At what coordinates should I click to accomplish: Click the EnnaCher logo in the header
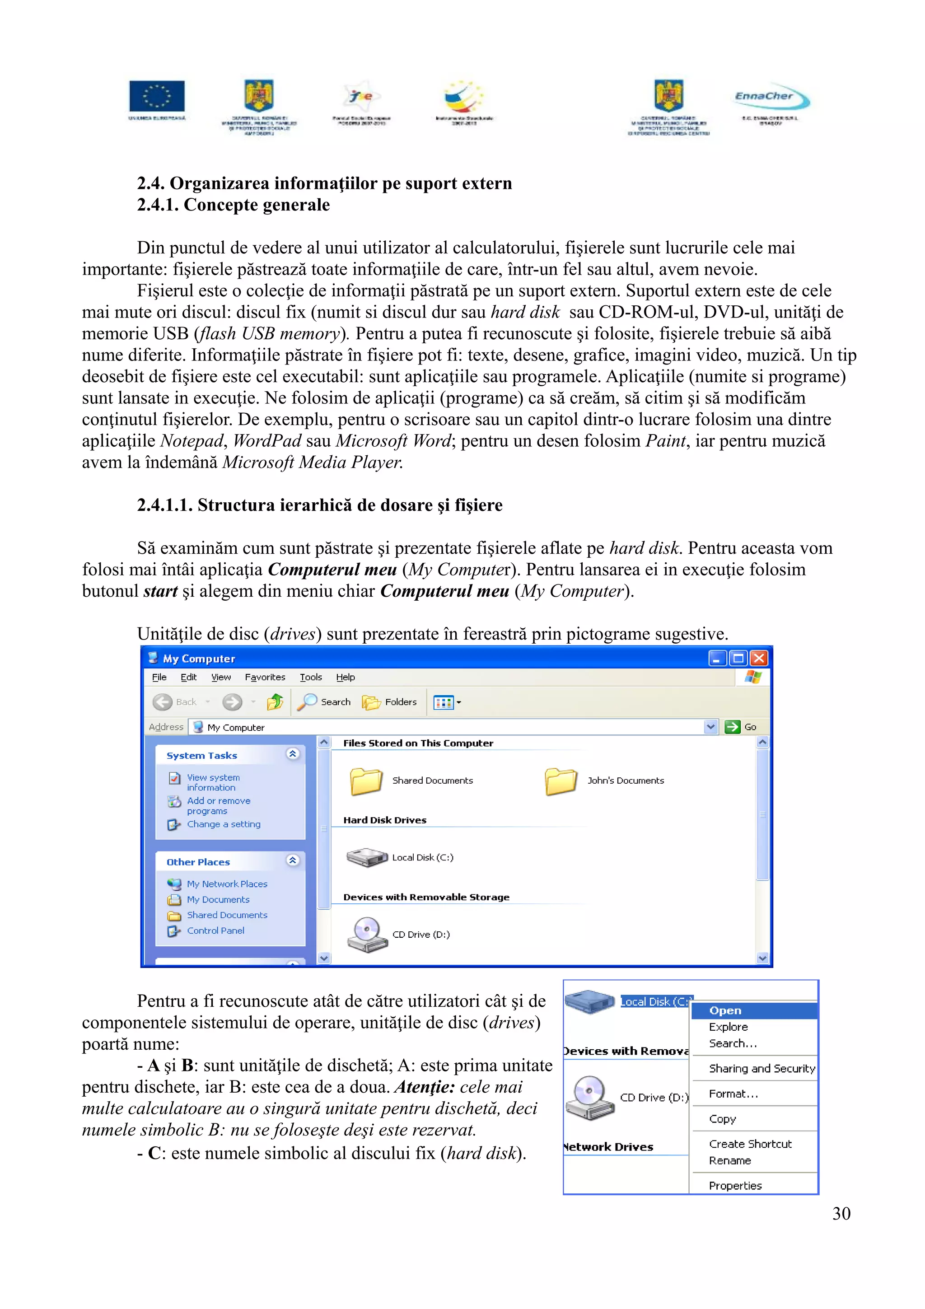pos(771,98)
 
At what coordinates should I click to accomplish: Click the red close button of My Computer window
pos(759,659)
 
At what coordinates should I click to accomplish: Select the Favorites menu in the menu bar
pos(265,677)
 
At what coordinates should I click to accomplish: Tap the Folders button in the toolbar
pos(390,702)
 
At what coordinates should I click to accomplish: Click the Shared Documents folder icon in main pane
pos(365,781)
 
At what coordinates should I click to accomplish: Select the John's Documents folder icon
pos(561,781)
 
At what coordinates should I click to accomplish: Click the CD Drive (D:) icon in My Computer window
pos(366,934)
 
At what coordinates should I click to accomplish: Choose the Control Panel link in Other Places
pos(215,930)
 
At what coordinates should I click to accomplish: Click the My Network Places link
pos(227,884)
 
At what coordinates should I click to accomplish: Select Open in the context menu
pos(725,1010)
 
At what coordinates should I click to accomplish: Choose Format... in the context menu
pos(733,1094)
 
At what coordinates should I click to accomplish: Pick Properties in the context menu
pos(735,1185)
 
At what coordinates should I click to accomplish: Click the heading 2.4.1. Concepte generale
pos(233,205)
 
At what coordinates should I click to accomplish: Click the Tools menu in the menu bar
pos(311,677)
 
